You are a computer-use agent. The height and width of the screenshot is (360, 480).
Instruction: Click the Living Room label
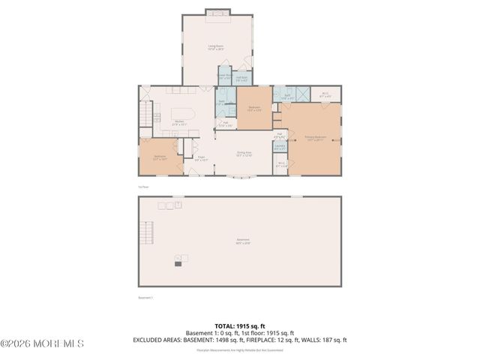coord(217,49)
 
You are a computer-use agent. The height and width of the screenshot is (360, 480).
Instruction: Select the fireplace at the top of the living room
coord(216,13)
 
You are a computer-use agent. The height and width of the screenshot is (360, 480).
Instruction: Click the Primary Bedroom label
coord(314,138)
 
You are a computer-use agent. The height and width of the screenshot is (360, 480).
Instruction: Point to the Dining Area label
coord(244,154)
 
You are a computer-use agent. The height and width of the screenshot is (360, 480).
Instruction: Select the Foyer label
coord(201,158)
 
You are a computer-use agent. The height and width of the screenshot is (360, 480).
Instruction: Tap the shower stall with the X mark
coord(301,94)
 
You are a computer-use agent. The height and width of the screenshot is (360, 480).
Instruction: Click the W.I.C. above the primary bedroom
coord(325,95)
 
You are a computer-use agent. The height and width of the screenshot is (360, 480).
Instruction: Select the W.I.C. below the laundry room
coord(281,165)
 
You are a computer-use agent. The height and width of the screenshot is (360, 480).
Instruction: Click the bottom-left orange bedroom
coord(160,157)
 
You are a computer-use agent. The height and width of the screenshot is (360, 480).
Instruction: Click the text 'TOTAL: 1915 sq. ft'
coord(240,326)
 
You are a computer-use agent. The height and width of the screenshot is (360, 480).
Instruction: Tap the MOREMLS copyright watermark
coord(43,343)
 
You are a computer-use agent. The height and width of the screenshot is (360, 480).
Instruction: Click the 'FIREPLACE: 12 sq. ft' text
coord(281,340)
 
